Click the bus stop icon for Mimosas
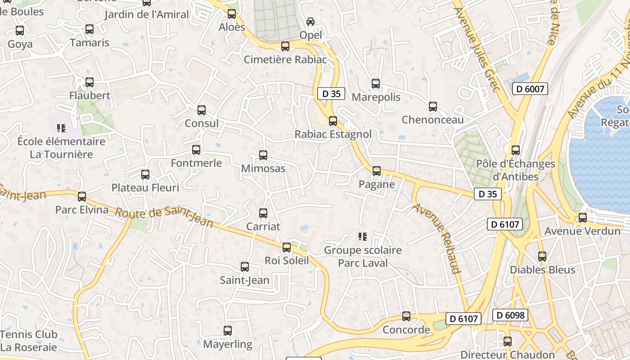pyautogui.click(x=263, y=155)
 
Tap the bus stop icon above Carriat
pyautogui.click(x=263, y=213)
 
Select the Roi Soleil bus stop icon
pyautogui.click(x=287, y=247)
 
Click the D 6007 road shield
pyautogui.click(x=530, y=89)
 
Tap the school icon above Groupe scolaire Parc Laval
pyautogui.click(x=362, y=237)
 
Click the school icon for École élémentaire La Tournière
pyautogui.click(x=61, y=128)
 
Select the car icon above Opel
pyautogui.click(x=310, y=22)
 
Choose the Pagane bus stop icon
pyautogui.click(x=377, y=171)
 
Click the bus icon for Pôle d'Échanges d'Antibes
pyautogui.click(x=516, y=150)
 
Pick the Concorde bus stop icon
pyautogui.click(x=406, y=316)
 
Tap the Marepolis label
pyautogui.click(x=376, y=97)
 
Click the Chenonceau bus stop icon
pyautogui.click(x=433, y=107)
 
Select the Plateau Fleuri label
pyautogui.click(x=145, y=187)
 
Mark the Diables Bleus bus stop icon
pyautogui.click(x=542, y=256)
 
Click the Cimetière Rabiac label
pyautogui.click(x=285, y=59)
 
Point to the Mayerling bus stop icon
pyautogui.click(x=228, y=331)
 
